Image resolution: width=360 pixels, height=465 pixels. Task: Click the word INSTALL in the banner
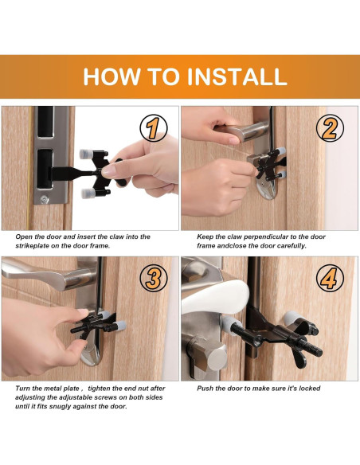click(237, 76)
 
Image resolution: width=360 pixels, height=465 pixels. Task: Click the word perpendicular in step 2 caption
click(267, 236)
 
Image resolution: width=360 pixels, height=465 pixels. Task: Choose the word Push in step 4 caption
click(206, 388)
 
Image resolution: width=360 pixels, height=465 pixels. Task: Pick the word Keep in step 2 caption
click(206, 236)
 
